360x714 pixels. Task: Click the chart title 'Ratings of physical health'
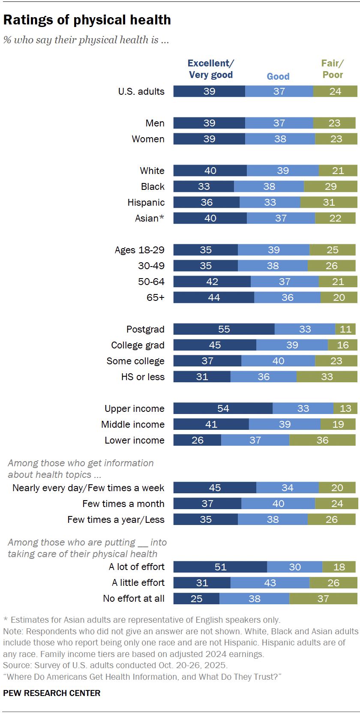(87, 20)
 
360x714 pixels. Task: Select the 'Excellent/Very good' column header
(210, 69)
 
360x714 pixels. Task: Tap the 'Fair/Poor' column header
(333, 69)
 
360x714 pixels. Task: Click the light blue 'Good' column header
(278, 76)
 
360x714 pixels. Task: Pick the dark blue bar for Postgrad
(224, 329)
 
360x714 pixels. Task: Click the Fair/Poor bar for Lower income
(322, 440)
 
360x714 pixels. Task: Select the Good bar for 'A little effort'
(270, 583)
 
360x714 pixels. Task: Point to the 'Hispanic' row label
(146, 202)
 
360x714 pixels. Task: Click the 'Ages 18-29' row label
(139, 250)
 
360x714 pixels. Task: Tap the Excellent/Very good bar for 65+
(213, 297)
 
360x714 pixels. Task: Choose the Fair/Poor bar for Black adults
(330, 186)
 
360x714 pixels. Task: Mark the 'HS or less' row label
(143, 377)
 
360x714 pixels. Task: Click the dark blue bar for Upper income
(223, 408)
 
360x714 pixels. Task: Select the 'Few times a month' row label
(123, 504)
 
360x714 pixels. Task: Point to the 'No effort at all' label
(133, 599)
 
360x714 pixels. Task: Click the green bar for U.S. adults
(335, 91)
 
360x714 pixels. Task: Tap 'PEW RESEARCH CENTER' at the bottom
(52, 693)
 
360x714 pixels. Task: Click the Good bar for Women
(280, 139)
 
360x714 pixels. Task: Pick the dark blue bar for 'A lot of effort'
(220, 567)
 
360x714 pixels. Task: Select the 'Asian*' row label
(150, 218)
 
